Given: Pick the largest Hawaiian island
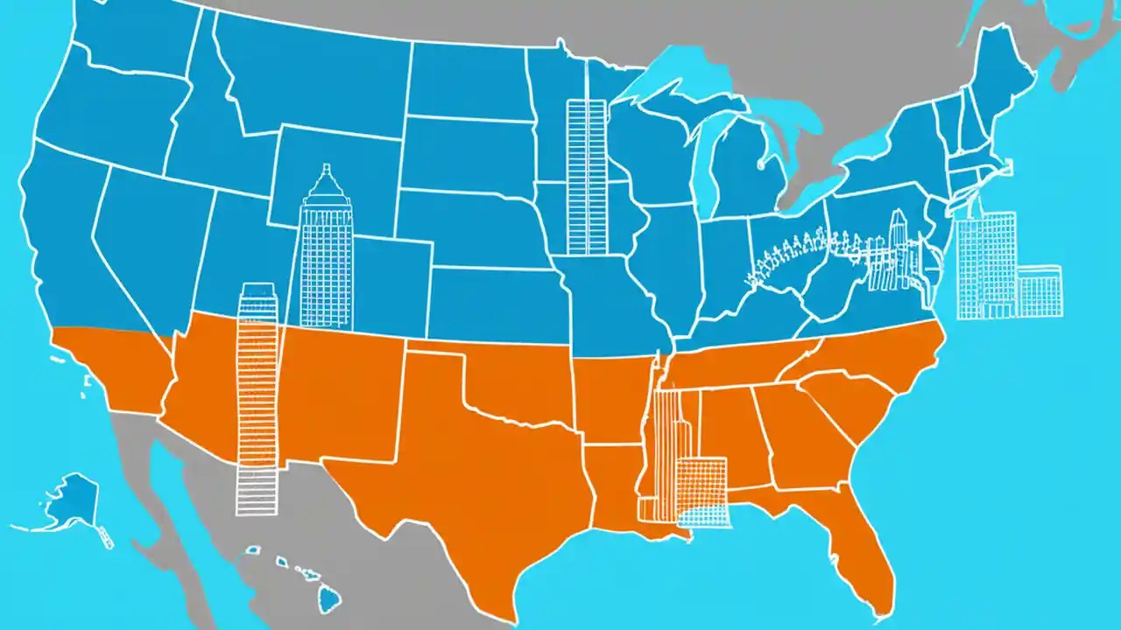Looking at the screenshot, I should click(328, 599).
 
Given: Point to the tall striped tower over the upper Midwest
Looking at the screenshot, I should click(586, 175).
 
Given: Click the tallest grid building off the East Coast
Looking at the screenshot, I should click(985, 262).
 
